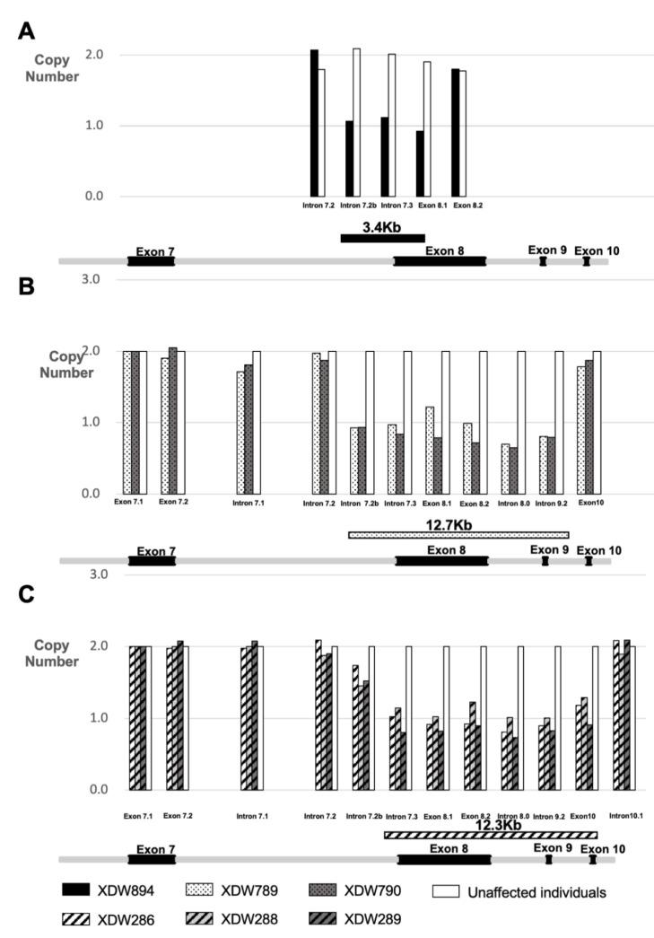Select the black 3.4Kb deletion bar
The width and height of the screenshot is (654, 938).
pyautogui.click(x=382, y=238)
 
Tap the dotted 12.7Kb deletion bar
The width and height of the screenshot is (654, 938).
pyautogui.click(x=458, y=535)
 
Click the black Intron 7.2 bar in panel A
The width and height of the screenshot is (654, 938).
pyautogui.click(x=314, y=123)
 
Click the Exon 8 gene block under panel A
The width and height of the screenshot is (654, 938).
pyautogui.click(x=440, y=260)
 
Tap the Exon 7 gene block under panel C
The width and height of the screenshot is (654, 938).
pyautogui.click(x=151, y=859)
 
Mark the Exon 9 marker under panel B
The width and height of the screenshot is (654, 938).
pyautogui.click(x=545, y=561)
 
